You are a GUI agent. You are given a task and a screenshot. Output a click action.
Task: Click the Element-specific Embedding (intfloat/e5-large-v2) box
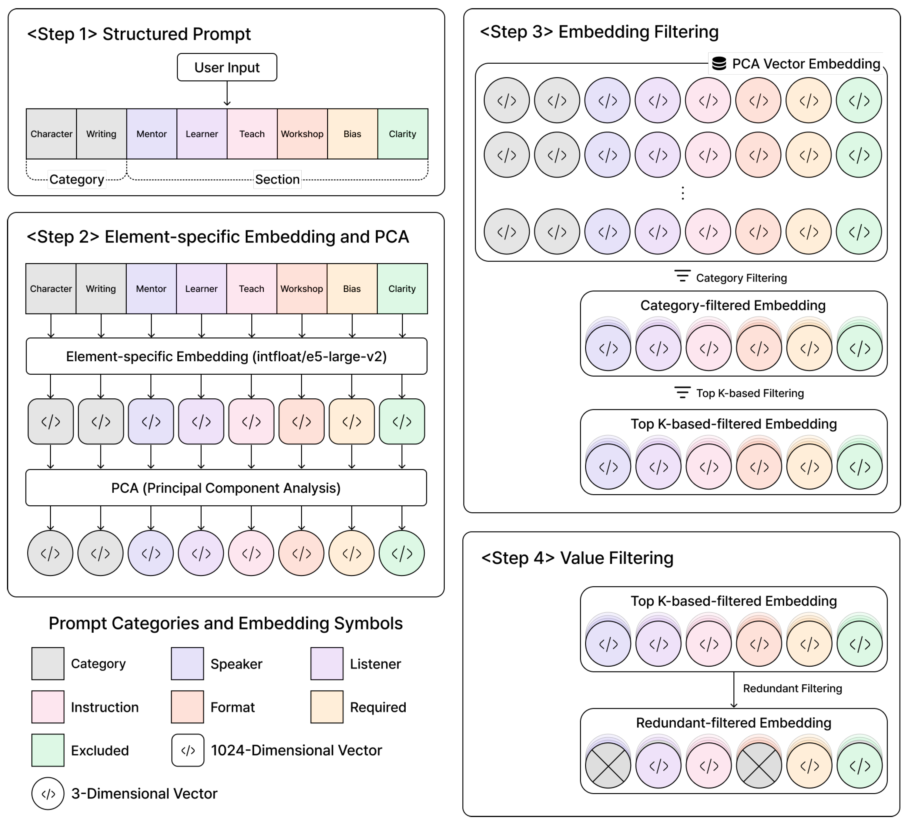click(x=226, y=356)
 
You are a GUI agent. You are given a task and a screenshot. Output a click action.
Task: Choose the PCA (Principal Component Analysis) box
click(x=226, y=488)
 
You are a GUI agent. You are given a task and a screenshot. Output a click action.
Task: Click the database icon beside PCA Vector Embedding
click(x=719, y=63)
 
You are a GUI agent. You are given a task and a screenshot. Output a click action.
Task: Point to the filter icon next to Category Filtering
click(x=682, y=276)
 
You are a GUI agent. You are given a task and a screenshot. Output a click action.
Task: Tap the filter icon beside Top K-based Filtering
click(x=682, y=392)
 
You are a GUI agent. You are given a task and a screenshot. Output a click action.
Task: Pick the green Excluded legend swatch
click(x=48, y=750)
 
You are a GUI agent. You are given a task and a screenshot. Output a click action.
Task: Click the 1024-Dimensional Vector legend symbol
click(x=188, y=750)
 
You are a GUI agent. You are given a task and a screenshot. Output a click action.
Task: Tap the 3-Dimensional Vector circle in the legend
click(x=48, y=793)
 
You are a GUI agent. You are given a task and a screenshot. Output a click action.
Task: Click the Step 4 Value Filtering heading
click(x=578, y=558)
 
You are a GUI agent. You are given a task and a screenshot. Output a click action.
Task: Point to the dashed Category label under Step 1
click(x=77, y=179)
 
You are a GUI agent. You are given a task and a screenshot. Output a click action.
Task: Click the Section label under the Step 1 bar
click(x=277, y=179)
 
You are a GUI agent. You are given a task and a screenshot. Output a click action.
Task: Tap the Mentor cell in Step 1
click(x=152, y=134)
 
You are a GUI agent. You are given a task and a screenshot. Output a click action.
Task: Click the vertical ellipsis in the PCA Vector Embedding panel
click(x=683, y=193)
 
